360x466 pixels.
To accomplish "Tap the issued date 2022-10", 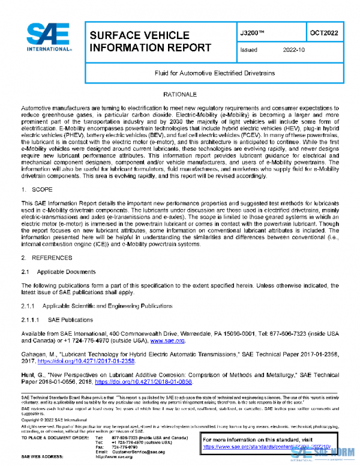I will [294, 50].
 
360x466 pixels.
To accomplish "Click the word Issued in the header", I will [248, 50].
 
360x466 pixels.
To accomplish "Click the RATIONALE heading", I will [180, 95].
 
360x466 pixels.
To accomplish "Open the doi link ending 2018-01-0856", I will [143, 381].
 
